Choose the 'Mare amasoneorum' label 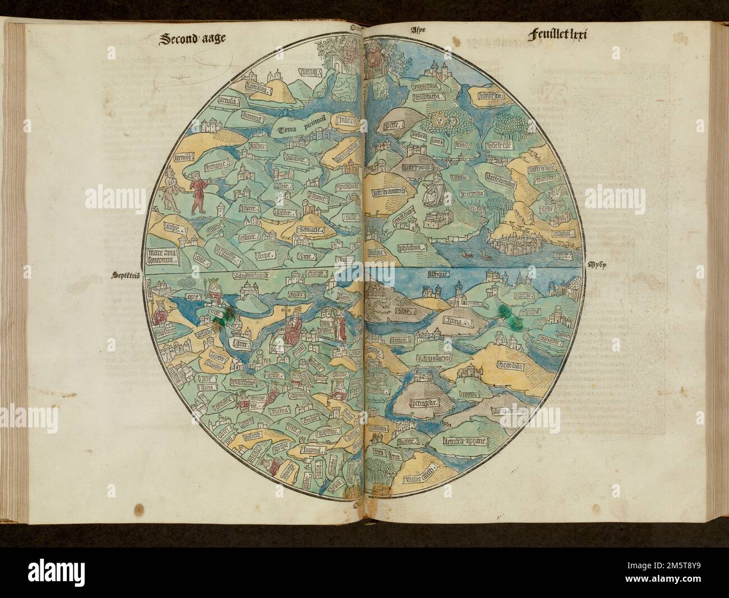click(x=161, y=256)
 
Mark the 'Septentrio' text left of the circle click(x=126, y=275)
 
